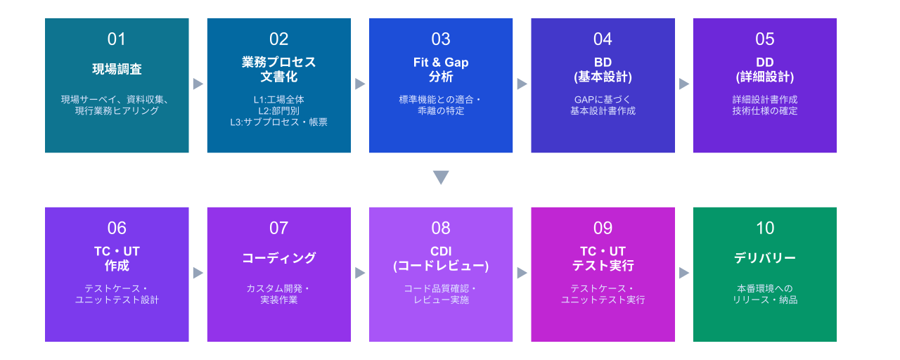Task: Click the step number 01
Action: tap(117, 39)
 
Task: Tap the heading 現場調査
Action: tap(117, 69)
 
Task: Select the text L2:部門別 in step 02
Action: tap(279, 110)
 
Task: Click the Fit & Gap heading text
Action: tap(441, 63)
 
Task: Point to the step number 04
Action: tap(603, 39)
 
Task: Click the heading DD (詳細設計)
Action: tap(764, 70)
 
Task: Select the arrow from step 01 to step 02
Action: tap(198, 84)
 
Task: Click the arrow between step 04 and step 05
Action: tap(684, 84)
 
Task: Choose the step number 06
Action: tap(117, 229)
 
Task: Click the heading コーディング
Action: tap(279, 258)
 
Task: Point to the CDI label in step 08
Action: tap(441, 251)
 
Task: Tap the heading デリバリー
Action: tap(764, 258)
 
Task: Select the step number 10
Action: tap(764, 229)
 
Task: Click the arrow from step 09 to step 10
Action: tap(684, 274)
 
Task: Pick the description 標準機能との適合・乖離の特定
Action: tap(441, 105)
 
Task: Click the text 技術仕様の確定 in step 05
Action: tap(764, 110)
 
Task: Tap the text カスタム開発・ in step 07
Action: tap(279, 288)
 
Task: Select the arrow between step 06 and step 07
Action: tap(198, 274)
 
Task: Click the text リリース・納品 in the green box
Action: tap(764, 300)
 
